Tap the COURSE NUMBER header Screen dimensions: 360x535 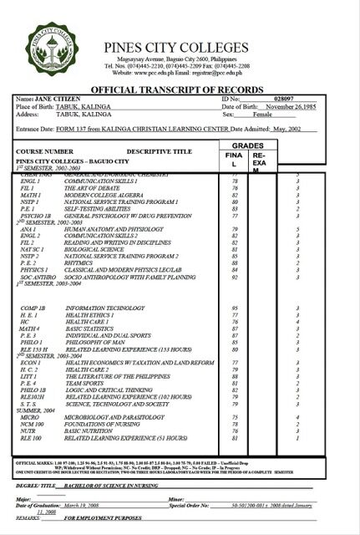point(43,151)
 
